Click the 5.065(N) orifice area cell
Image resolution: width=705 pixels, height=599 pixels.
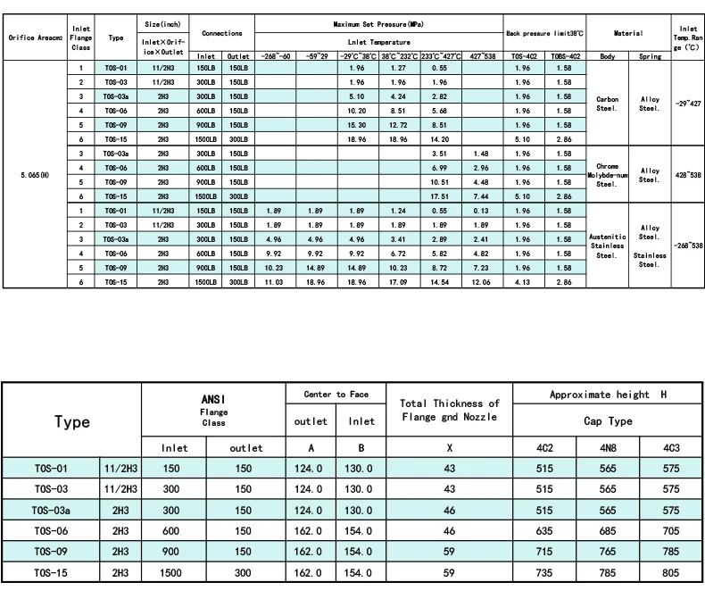34,174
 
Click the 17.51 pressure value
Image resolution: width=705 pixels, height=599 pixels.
438,196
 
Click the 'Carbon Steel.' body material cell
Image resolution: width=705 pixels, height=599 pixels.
608,103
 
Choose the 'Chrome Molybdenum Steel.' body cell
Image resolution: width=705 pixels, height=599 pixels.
608,174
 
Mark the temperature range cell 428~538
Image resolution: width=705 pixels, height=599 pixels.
688,174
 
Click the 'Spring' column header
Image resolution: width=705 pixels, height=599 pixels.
650,55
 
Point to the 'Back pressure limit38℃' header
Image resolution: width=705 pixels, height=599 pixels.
544,33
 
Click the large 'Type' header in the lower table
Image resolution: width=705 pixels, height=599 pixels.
72,422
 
